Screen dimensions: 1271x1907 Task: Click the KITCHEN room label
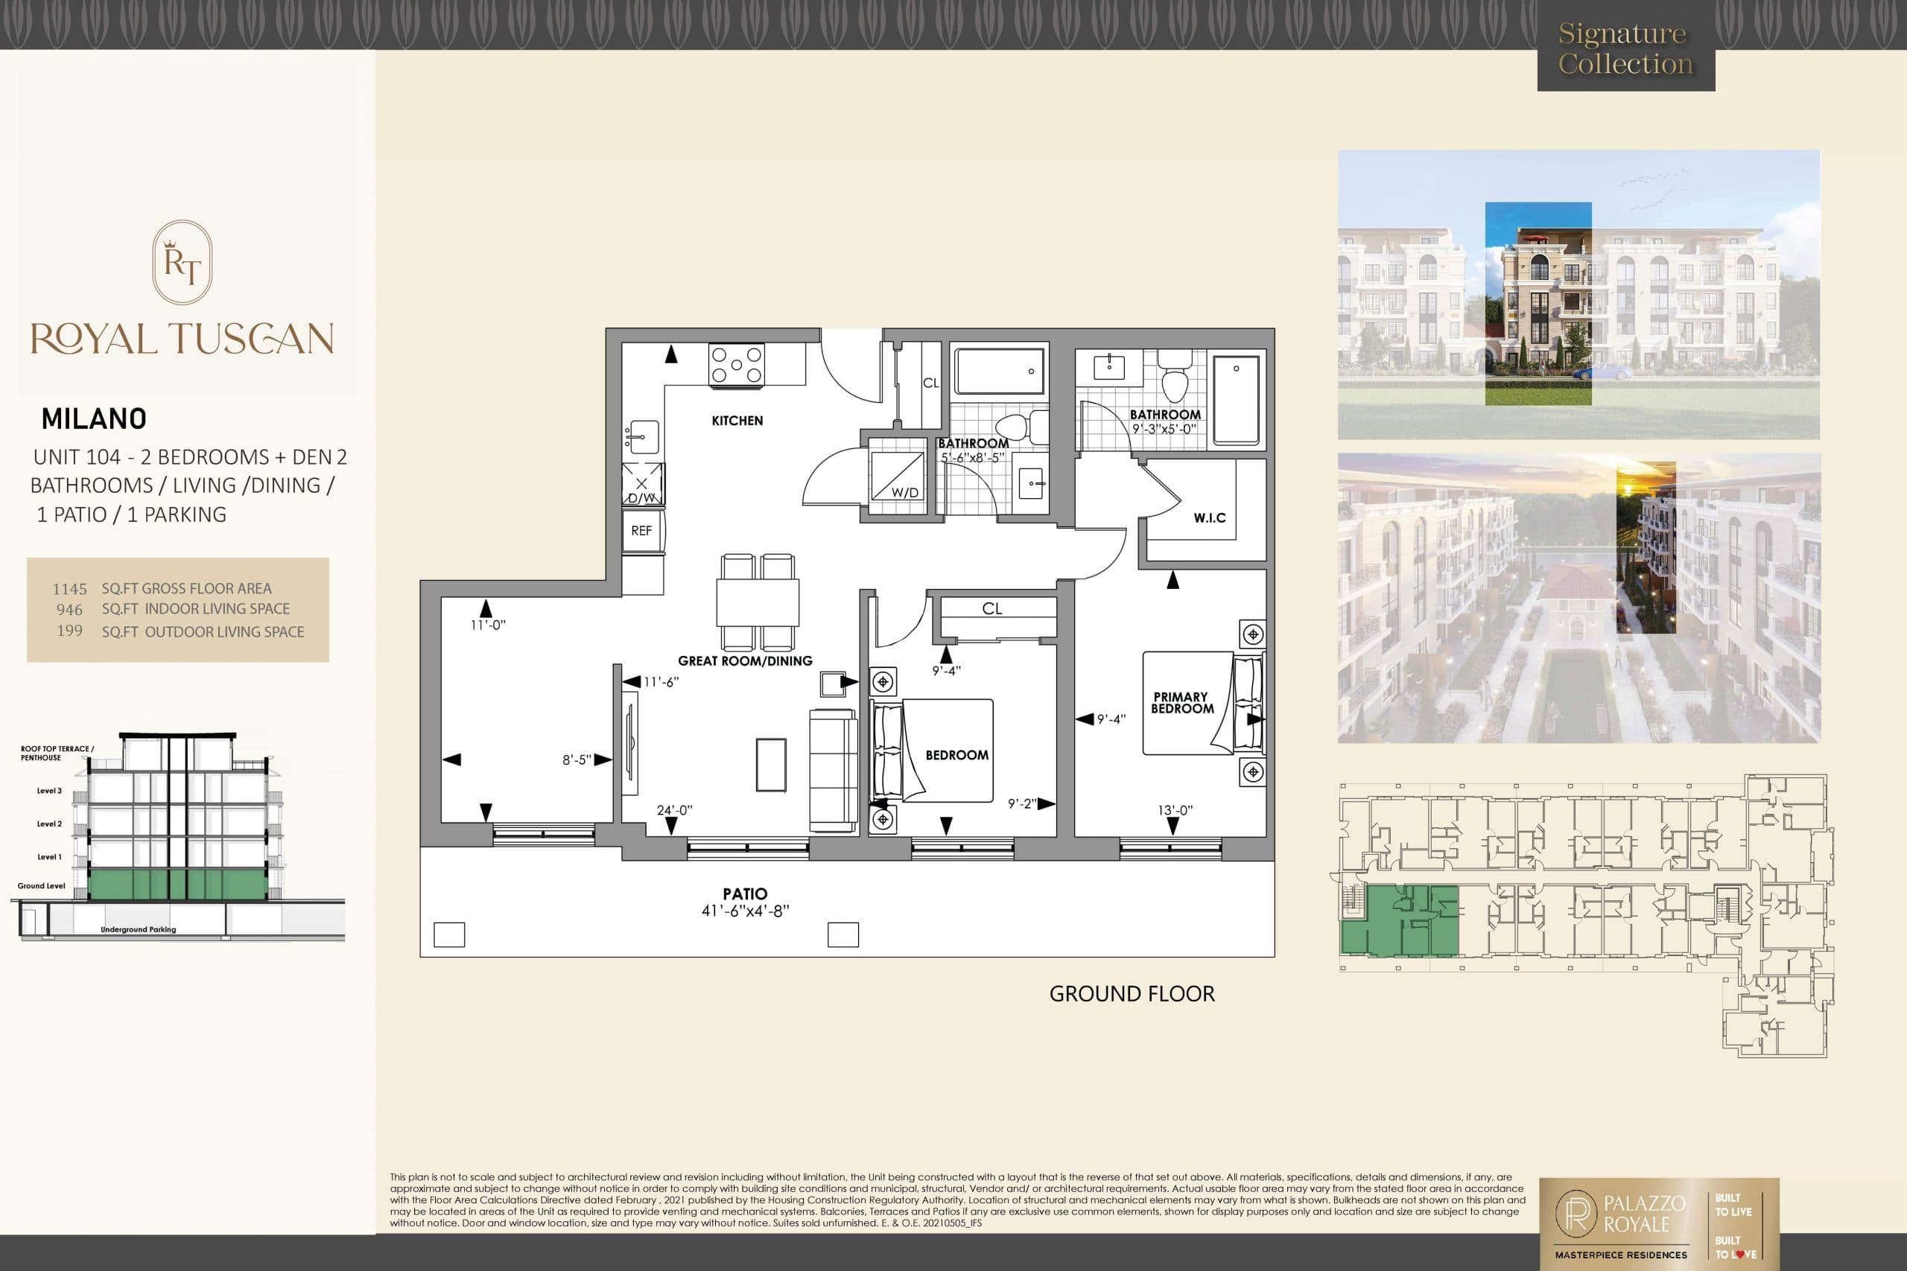click(x=737, y=421)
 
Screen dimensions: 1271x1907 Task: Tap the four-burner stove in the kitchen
click(x=736, y=365)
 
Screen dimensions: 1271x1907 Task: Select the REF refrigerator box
click(x=641, y=531)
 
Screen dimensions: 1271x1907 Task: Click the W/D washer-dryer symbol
click(x=898, y=477)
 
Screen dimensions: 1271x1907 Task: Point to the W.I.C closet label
click(x=1209, y=518)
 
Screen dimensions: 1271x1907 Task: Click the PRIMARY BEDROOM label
click(x=1181, y=703)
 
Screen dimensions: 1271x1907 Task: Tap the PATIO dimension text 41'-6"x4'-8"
click(x=745, y=911)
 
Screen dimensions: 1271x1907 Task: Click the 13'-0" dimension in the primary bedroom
click(x=1175, y=810)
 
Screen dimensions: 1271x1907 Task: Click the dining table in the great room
click(x=758, y=602)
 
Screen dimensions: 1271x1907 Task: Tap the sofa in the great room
click(x=833, y=770)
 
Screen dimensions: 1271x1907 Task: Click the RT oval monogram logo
click(x=183, y=263)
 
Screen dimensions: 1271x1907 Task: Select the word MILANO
click(x=94, y=419)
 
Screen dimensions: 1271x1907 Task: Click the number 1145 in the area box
click(x=70, y=589)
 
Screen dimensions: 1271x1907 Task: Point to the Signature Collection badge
click(x=1625, y=48)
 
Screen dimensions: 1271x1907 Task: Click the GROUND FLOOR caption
click(x=1132, y=994)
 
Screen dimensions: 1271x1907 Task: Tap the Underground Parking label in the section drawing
click(x=138, y=930)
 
